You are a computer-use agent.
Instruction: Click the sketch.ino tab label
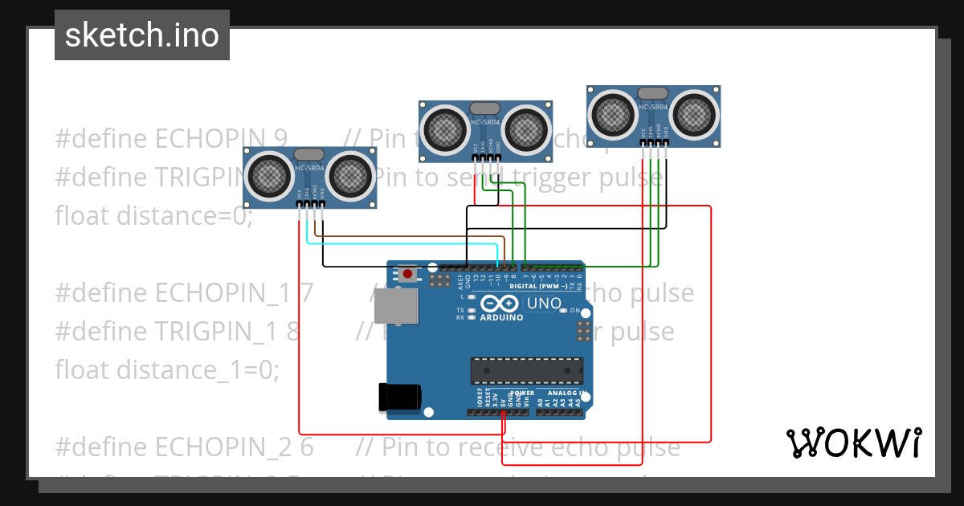click(141, 35)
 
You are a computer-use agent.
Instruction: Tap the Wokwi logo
click(853, 443)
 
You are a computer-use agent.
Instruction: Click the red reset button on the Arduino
click(408, 275)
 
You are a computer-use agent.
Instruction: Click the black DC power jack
click(399, 397)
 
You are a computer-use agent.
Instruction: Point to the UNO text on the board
click(543, 304)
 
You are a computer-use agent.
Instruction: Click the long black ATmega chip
click(527, 369)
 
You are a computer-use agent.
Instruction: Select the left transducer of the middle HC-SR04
click(443, 129)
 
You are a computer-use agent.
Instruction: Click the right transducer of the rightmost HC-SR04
click(694, 112)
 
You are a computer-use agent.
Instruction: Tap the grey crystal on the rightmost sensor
click(653, 93)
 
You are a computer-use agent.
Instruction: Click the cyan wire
click(402, 243)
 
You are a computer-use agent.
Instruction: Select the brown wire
click(410, 236)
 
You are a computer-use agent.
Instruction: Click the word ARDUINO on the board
click(502, 317)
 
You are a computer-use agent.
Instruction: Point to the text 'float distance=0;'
click(153, 216)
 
